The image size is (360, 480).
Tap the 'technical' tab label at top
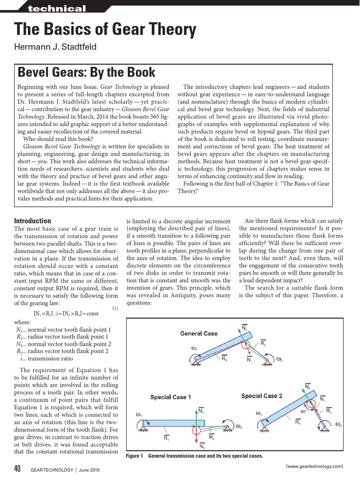[57, 8]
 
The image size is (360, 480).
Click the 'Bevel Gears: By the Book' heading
[86, 73]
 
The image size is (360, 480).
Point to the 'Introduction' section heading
[33, 221]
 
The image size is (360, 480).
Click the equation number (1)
[115, 308]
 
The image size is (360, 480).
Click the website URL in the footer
[314, 466]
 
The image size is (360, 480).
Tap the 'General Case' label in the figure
[199, 333]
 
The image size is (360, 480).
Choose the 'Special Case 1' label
[170, 397]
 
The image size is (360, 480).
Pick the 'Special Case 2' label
[262, 396]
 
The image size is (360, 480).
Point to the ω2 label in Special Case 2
[338, 424]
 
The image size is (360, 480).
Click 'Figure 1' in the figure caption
[135, 456]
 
